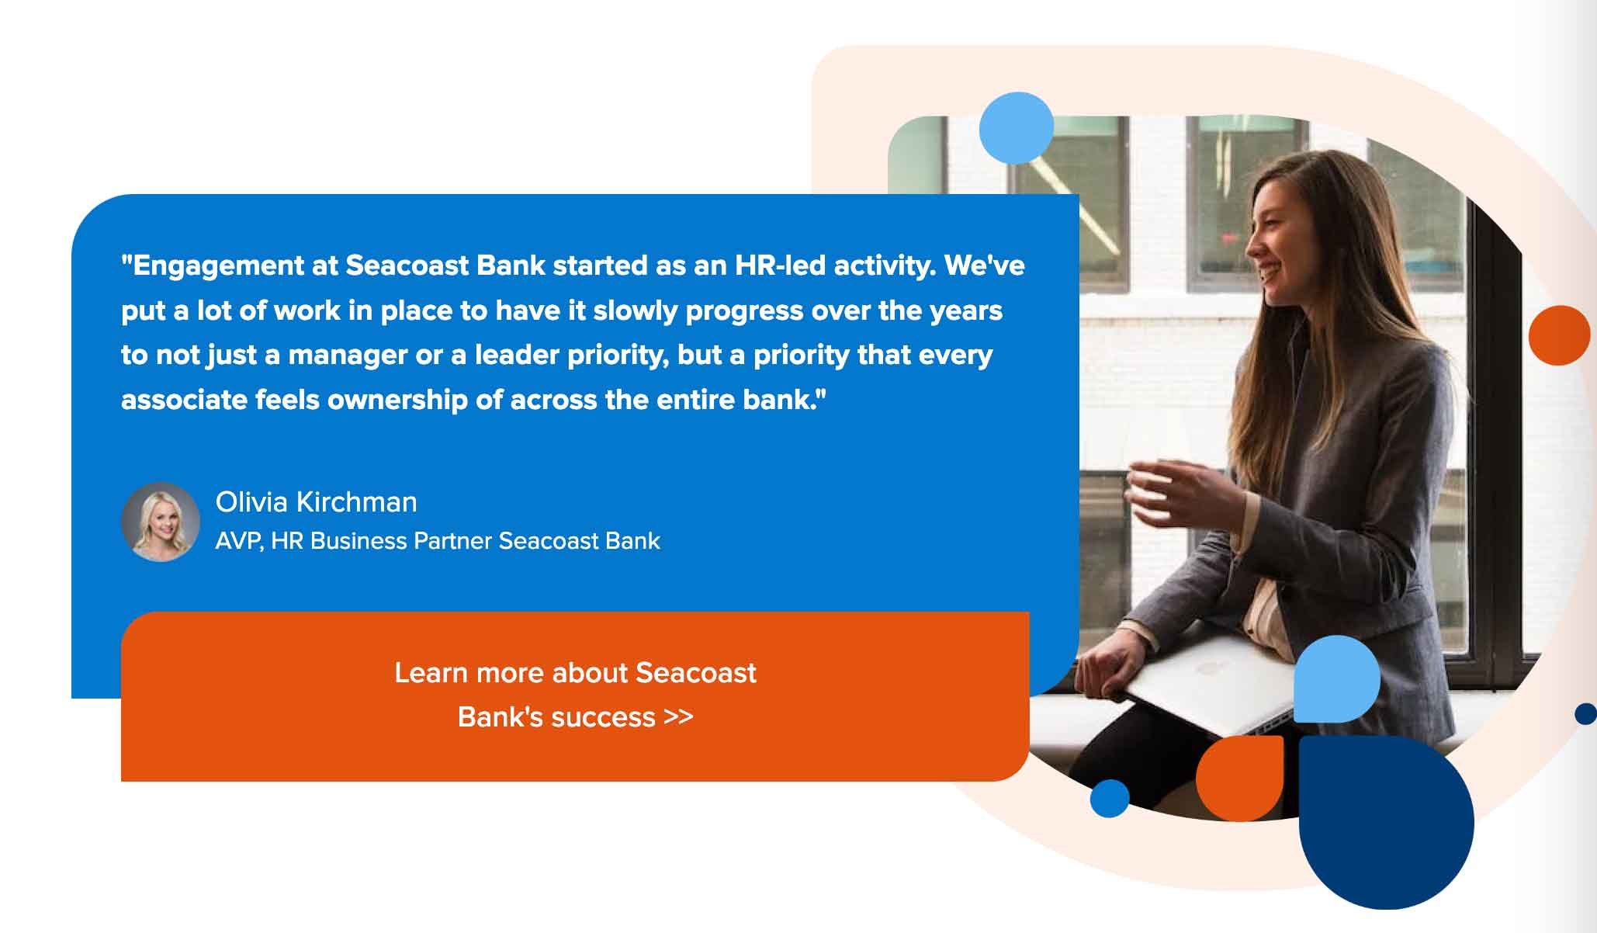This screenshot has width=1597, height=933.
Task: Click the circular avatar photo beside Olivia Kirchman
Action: coord(161,522)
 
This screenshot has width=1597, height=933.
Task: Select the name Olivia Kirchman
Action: coord(317,502)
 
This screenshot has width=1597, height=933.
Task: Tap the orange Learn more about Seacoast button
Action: coord(575,696)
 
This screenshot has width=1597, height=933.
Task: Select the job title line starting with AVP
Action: coord(438,540)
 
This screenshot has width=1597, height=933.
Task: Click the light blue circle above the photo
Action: coord(1017,128)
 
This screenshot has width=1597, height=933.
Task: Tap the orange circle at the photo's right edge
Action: coord(1560,335)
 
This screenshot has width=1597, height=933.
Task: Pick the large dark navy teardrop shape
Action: coord(1386,822)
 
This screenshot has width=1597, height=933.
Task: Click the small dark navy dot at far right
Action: coord(1585,713)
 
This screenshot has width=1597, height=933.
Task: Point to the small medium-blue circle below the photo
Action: coord(1110,798)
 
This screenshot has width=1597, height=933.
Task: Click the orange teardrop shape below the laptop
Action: coord(1239,779)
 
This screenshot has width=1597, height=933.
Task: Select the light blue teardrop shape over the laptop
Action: coord(1337,678)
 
